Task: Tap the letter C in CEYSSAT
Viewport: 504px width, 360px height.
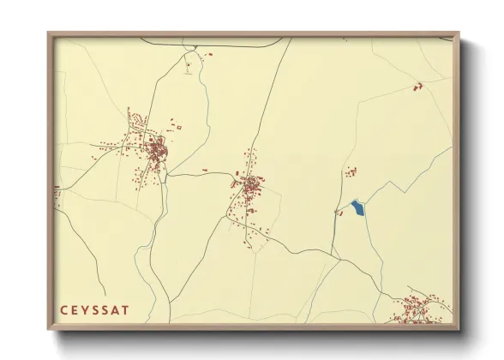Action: coord(63,309)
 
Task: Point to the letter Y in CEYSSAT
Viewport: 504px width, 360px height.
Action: coord(83,309)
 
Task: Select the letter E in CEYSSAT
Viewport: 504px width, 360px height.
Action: coord(73,309)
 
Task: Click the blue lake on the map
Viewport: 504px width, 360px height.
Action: coord(357,207)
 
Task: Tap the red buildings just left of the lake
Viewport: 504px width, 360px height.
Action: coord(339,212)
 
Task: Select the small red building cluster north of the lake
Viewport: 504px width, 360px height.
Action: coord(350,173)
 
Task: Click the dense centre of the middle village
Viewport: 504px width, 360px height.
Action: coord(249,183)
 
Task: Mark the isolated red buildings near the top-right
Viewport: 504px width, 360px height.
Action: coord(418,86)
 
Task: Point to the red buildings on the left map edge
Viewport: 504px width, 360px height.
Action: coord(57,195)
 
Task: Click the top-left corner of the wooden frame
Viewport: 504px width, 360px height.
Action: coord(49,33)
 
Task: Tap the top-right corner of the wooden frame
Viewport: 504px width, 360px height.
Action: coord(459,33)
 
